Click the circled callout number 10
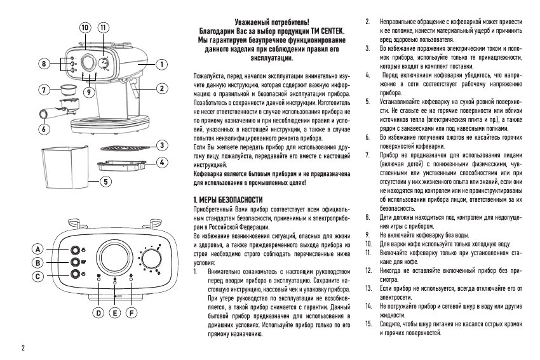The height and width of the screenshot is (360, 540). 84,28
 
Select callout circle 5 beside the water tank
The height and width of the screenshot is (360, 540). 106,182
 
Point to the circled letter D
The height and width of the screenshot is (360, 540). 98,312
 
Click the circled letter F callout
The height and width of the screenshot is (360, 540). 132,312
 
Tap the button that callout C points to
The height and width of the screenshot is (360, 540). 75,274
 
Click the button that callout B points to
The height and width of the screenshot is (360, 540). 75,261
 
